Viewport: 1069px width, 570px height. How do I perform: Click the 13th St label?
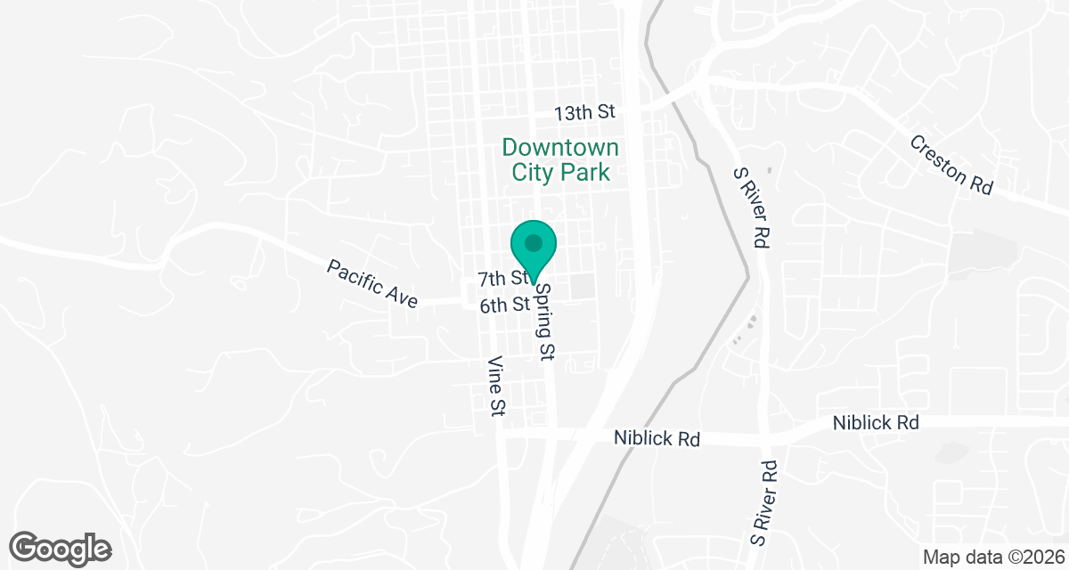pyautogui.click(x=584, y=113)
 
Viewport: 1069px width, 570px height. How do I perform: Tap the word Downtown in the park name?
pyautogui.click(x=560, y=147)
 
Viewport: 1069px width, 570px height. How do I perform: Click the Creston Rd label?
pyautogui.click(x=951, y=165)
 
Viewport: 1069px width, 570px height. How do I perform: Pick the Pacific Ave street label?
pyautogui.click(x=372, y=284)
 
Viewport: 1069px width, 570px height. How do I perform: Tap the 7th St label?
pyautogui.click(x=503, y=278)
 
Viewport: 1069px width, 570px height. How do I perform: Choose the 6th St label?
pyautogui.click(x=505, y=305)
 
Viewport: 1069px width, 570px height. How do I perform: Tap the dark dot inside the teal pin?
pyautogui.click(x=534, y=242)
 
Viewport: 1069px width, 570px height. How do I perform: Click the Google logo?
pyautogui.click(x=60, y=547)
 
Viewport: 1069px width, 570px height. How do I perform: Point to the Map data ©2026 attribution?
pyautogui.click(x=992, y=558)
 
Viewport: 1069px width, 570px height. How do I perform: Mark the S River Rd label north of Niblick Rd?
pyautogui.click(x=750, y=208)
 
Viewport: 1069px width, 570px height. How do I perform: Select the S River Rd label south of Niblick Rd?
pyautogui.click(x=764, y=503)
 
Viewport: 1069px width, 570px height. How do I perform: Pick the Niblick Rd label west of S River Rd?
pyautogui.click(x=657, y=439)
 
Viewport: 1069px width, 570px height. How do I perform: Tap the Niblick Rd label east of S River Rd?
pyautogui.click(x=876, y=423)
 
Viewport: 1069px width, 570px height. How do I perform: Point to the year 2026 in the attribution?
pyautogui.click(x=1043, y=558)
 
